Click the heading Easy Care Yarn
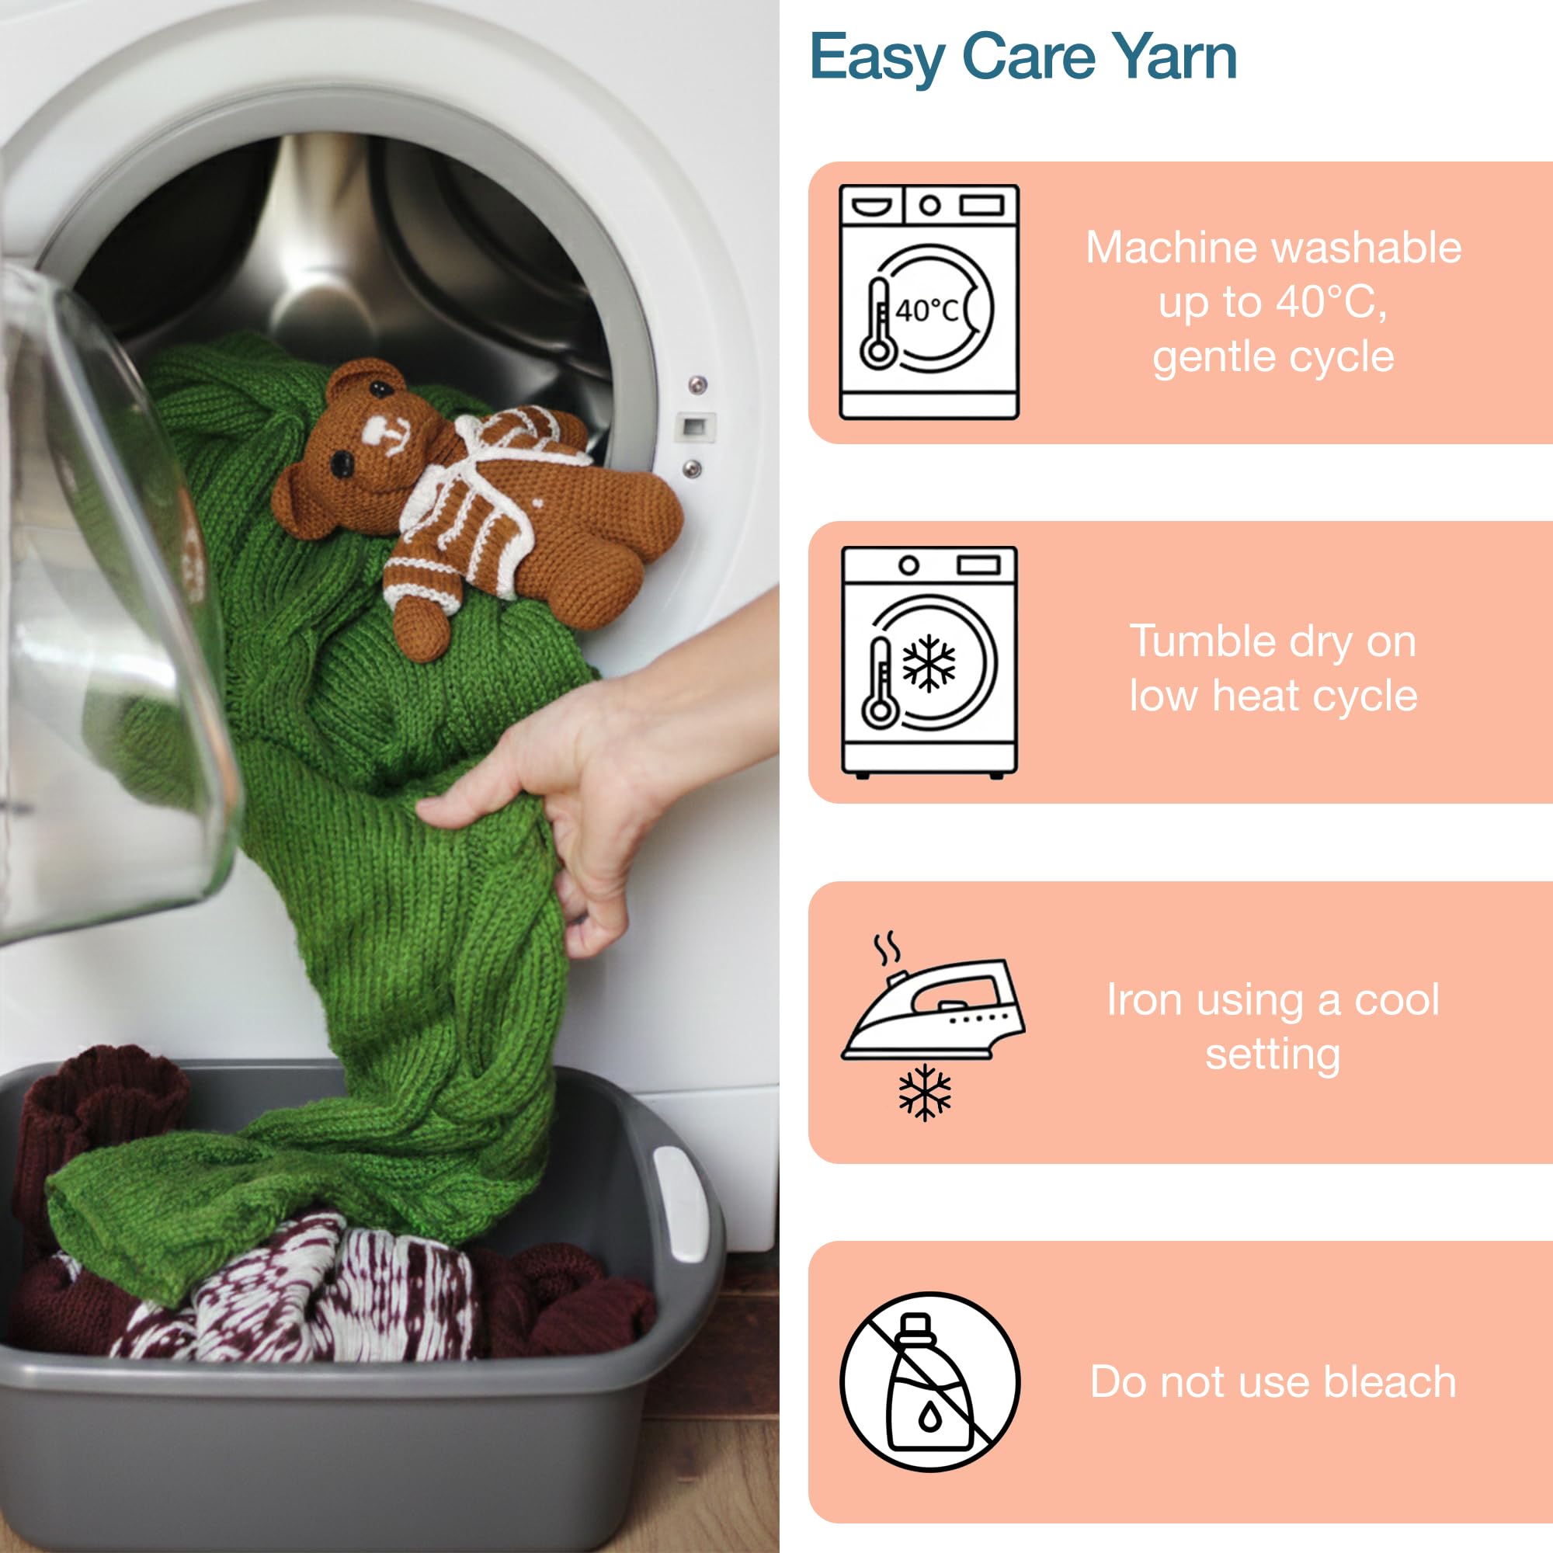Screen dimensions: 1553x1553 [1023, 58]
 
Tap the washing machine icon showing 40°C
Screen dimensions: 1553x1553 [929, 302]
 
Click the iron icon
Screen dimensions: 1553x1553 [933, 1009]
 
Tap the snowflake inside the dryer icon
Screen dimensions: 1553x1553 [929, 663]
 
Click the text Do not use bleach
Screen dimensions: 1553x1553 [1273, 1383]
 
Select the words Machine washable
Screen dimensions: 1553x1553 [1273, 248]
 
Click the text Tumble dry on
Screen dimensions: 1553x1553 [1273, 641]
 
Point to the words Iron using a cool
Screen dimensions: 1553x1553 [1273, 1000]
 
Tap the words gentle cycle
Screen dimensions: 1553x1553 [1273, 357]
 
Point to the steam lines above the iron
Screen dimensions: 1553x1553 [887, 949]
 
